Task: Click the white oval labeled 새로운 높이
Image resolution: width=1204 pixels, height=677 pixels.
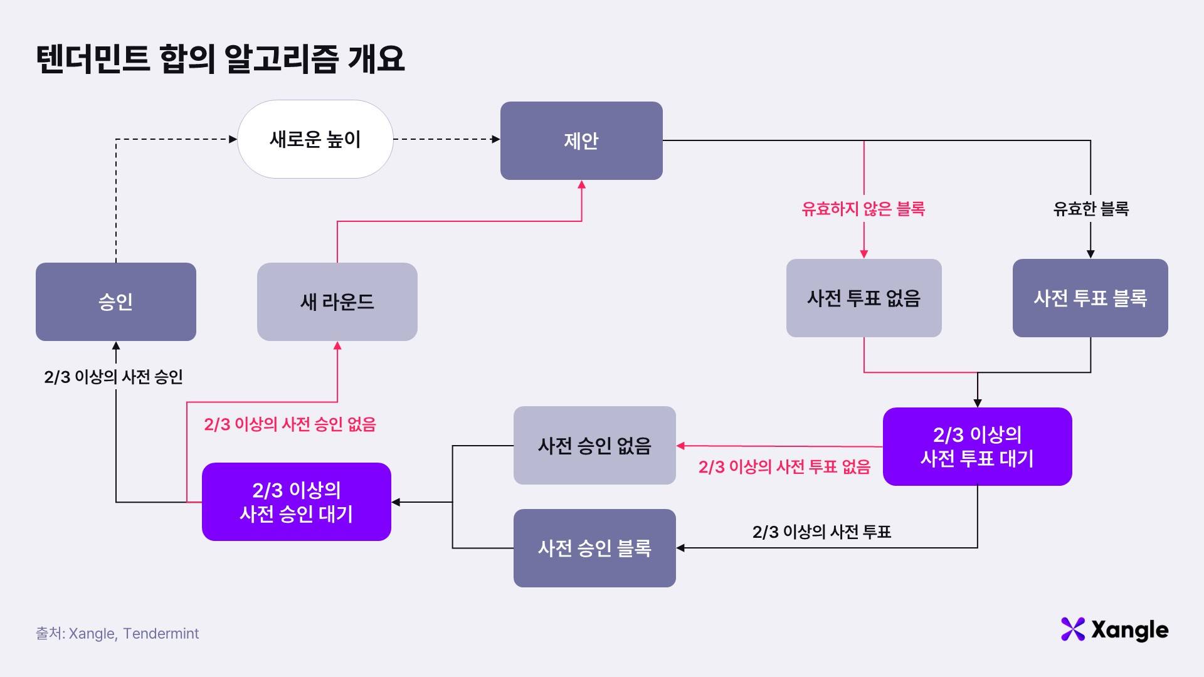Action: point(315,139)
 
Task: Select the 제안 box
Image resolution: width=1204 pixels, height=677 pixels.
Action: point(581,140)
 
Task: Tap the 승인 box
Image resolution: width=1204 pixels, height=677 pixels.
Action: point(116,302)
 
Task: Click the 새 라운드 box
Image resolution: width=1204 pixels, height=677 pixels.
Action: point(337,302)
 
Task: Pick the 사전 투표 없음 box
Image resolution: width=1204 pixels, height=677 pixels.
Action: point(863,298)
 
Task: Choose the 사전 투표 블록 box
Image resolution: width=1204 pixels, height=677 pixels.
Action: point(1090,298)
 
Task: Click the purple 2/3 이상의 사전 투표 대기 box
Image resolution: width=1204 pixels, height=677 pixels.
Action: point(977,446)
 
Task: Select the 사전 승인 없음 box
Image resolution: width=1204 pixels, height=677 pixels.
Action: point(594,445)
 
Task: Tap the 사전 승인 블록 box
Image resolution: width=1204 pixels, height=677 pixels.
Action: point(594,548)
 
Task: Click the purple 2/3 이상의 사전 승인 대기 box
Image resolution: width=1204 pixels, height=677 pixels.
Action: point(297,501)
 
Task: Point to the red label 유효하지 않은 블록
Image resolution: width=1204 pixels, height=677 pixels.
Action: point(863,209)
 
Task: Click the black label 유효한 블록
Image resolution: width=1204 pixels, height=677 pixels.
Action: point(1090,209)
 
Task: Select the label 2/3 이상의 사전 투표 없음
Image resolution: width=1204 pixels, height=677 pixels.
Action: point(784,467)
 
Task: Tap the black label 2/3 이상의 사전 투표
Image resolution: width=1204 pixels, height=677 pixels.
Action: point(821,532)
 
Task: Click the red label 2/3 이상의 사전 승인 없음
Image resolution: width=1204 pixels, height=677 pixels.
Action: point(290,424)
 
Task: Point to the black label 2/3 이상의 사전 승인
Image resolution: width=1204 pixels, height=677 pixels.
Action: point(114,377)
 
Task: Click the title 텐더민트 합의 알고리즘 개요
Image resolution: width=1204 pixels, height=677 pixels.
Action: point(220,59)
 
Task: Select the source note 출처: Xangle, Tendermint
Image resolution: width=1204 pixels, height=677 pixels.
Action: point(117,634)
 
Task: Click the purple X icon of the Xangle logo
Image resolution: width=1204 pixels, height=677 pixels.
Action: point(1072,629)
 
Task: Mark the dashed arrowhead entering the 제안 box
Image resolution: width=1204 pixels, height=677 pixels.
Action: point(496,139)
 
